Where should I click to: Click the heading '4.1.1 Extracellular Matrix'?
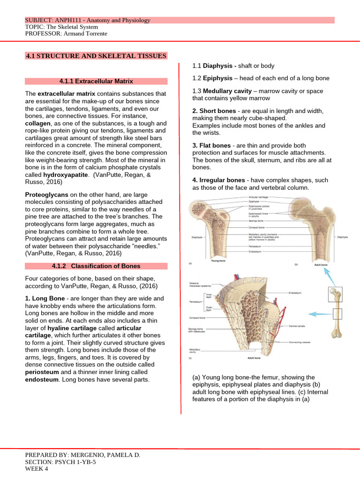[96, 81]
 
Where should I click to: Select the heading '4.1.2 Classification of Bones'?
[96, 266]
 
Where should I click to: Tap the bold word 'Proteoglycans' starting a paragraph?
[46, 194]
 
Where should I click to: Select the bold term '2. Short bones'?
[214, 111]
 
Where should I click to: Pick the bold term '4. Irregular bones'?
[218, 180]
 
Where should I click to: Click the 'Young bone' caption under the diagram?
[219, 260]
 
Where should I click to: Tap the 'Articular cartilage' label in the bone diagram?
[259, 198]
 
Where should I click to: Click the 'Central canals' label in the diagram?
[298, 325]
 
